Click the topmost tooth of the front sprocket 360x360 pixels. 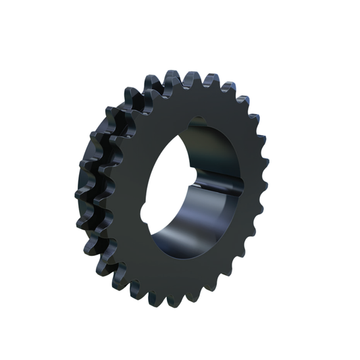[x=191, y=75]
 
